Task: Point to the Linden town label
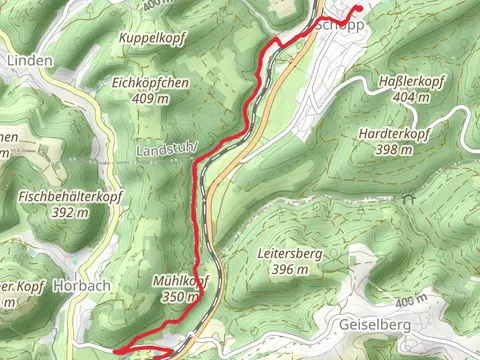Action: point(29,60)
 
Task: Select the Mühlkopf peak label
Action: point(179,281)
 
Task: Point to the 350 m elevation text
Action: point(180,297)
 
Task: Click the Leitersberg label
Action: point(289,254)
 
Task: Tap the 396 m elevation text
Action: point(289,270)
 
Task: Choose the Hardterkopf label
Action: point(395,133)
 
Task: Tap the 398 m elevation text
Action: point(395,149)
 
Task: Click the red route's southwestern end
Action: point(116,351)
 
